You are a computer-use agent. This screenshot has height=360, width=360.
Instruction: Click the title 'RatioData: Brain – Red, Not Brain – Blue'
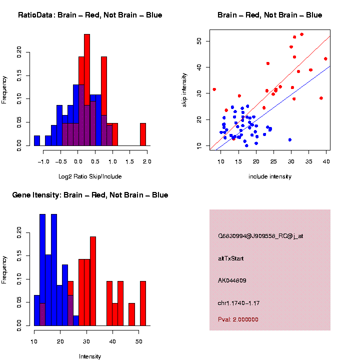pos(90,15)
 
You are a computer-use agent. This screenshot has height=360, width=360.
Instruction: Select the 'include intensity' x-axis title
pos(270,176)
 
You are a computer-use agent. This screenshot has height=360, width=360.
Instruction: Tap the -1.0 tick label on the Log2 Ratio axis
pos(43,162)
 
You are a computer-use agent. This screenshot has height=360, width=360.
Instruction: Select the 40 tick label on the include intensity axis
pos(326,161)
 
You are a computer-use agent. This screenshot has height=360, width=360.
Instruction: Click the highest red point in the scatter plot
pos(301,34)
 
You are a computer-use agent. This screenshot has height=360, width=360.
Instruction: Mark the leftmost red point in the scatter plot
pos(214,89)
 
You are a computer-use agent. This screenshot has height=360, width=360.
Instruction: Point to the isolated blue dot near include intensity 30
pos(290,139)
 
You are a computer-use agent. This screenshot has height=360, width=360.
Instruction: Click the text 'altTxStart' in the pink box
pos(231,258)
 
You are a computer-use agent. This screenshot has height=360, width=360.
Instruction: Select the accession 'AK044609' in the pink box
pos(232,280)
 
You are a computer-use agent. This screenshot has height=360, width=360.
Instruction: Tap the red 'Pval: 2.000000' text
pos(238,319)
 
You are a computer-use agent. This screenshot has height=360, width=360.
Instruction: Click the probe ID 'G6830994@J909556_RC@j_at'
pos(260,236)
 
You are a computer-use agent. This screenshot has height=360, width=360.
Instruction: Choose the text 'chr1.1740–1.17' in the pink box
pos(239,302)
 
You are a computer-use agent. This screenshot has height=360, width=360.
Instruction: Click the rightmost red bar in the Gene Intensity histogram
pos(143,303)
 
